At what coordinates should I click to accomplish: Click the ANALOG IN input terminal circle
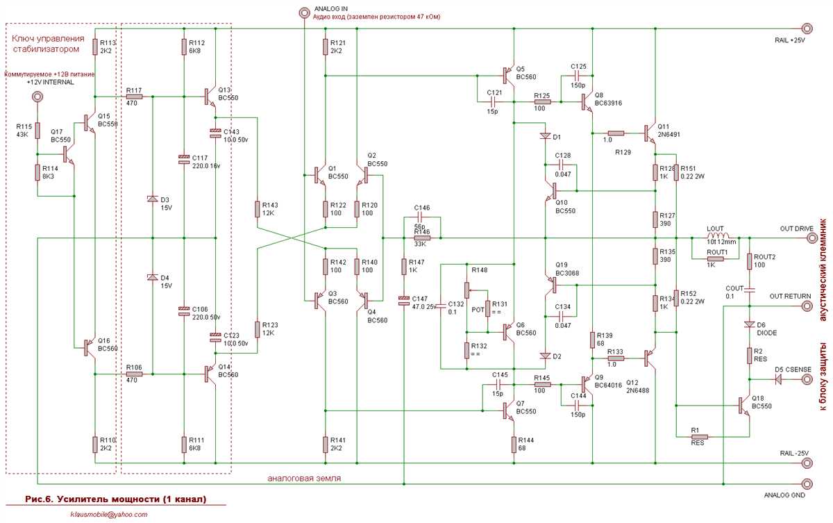pos(303,12)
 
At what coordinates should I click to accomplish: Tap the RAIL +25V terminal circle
pos(806,28)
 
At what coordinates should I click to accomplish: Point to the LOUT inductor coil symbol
pos(721,237)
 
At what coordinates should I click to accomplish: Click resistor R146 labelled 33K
pos(421,238)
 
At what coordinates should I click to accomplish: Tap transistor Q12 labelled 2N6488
pos(650,358)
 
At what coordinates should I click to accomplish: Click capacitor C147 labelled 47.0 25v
pos(403,301)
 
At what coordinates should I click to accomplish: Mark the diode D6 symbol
pos(750,324)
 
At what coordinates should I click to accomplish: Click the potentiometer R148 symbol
pos(468,288)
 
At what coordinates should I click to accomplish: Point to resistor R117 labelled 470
pos(134,97)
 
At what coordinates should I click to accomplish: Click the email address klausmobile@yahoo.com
pos(108,514)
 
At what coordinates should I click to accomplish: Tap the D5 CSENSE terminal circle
pos(807,379)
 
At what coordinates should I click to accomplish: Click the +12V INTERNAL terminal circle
pos(39,97)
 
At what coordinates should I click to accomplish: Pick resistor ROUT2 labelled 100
pos(750,262)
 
